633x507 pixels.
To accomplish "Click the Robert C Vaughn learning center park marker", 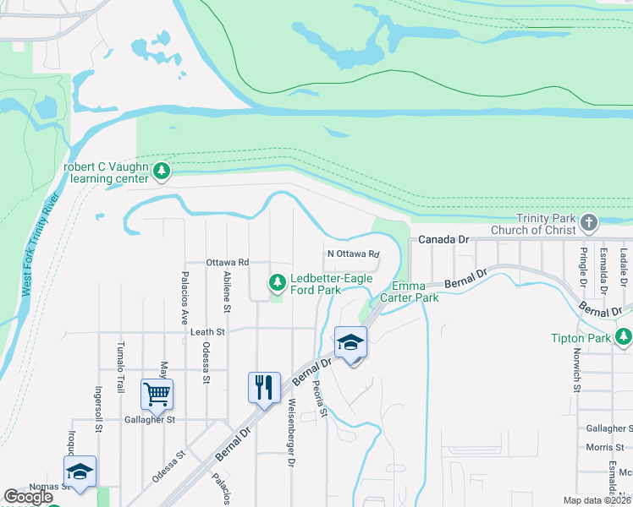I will [162, 172].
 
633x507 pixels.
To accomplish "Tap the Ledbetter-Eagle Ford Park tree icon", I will [277, 282].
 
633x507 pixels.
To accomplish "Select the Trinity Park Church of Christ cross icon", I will [589, 223].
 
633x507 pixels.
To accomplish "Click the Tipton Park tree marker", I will [624, 337].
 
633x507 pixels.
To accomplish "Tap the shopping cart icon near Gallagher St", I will [157, 393].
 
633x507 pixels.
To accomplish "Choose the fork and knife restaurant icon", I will [264, 387].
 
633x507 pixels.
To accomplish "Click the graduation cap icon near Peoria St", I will [350, 342].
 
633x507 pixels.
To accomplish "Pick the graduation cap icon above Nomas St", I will [80, 472].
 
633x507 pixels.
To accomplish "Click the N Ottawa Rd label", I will [353, 253].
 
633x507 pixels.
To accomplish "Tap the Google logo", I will [28, 497].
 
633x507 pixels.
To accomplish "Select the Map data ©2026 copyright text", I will [597, 500].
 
